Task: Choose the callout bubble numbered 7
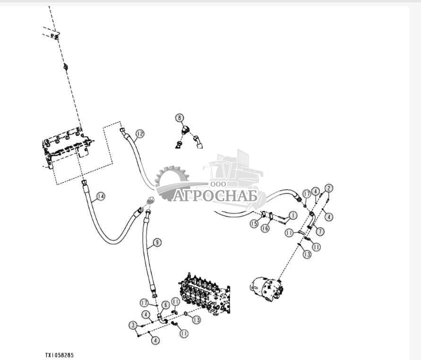tap(320, 231)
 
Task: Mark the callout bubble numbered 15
tap(255, 223)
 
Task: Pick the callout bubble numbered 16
tap(266, 228)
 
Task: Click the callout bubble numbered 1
tap(292, 215)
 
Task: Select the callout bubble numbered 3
tap(134, 325)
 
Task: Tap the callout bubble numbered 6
tap(166, 305)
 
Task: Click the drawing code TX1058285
tap(60, 355)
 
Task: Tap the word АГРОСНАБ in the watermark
tap(215, 195)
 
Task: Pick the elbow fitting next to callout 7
tap(312, 220)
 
